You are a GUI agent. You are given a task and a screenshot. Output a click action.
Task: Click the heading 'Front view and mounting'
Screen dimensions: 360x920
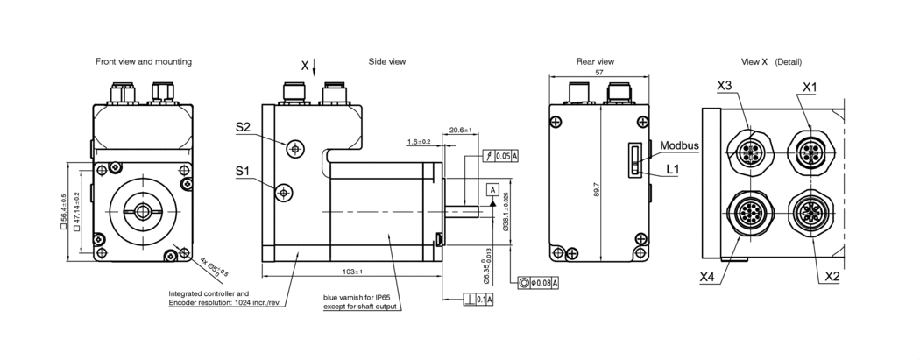(144, 62)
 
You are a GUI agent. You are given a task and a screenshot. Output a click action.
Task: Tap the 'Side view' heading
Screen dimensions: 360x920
(386, 62)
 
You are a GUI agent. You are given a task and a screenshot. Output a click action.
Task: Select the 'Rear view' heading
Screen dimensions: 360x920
(595, 62)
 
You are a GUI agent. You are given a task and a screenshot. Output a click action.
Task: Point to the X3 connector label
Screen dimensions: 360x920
(725, 85)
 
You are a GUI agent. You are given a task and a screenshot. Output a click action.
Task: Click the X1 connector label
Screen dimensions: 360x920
(810, 87)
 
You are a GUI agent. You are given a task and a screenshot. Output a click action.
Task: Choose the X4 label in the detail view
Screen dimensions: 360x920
(709, 276)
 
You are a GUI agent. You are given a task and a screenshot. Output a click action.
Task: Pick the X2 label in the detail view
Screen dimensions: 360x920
(833, 277)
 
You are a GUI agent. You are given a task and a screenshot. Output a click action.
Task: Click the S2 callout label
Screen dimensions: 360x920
(244, 128)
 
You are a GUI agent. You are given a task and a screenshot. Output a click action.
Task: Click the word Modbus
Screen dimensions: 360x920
(680, 145)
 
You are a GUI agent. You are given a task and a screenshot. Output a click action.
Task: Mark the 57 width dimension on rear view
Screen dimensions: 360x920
(598, 74)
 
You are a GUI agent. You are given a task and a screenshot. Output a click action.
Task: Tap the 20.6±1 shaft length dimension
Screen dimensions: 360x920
(460, 130)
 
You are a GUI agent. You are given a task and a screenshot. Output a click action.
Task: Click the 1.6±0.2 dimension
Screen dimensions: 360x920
(418, 141)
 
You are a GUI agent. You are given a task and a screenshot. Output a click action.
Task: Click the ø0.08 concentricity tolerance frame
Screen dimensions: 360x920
(538, 283)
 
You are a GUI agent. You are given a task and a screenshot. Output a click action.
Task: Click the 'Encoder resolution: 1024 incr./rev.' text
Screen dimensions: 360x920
(223, 303)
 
